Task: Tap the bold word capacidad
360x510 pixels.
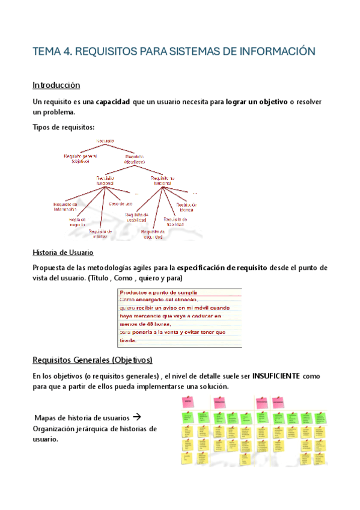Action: [x=113, y=102]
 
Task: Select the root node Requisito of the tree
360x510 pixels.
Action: [x=106, y=140]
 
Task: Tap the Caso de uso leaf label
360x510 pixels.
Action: [x=120, y=203]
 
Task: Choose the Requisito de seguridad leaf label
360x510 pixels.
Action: [x=153, y=234]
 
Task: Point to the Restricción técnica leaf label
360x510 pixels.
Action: [x=186, y=207]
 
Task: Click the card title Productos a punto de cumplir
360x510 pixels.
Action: [x=158, y=293]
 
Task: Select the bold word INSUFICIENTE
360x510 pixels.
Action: [x=277, y=376]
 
